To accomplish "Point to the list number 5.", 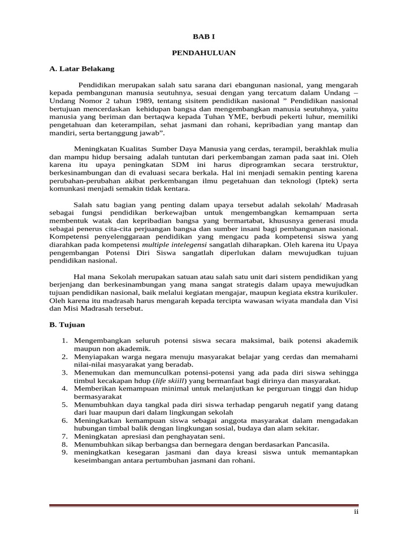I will coord(63,404).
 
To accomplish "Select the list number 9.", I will coord(63,452).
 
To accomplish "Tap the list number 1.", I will coord(63,340).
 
